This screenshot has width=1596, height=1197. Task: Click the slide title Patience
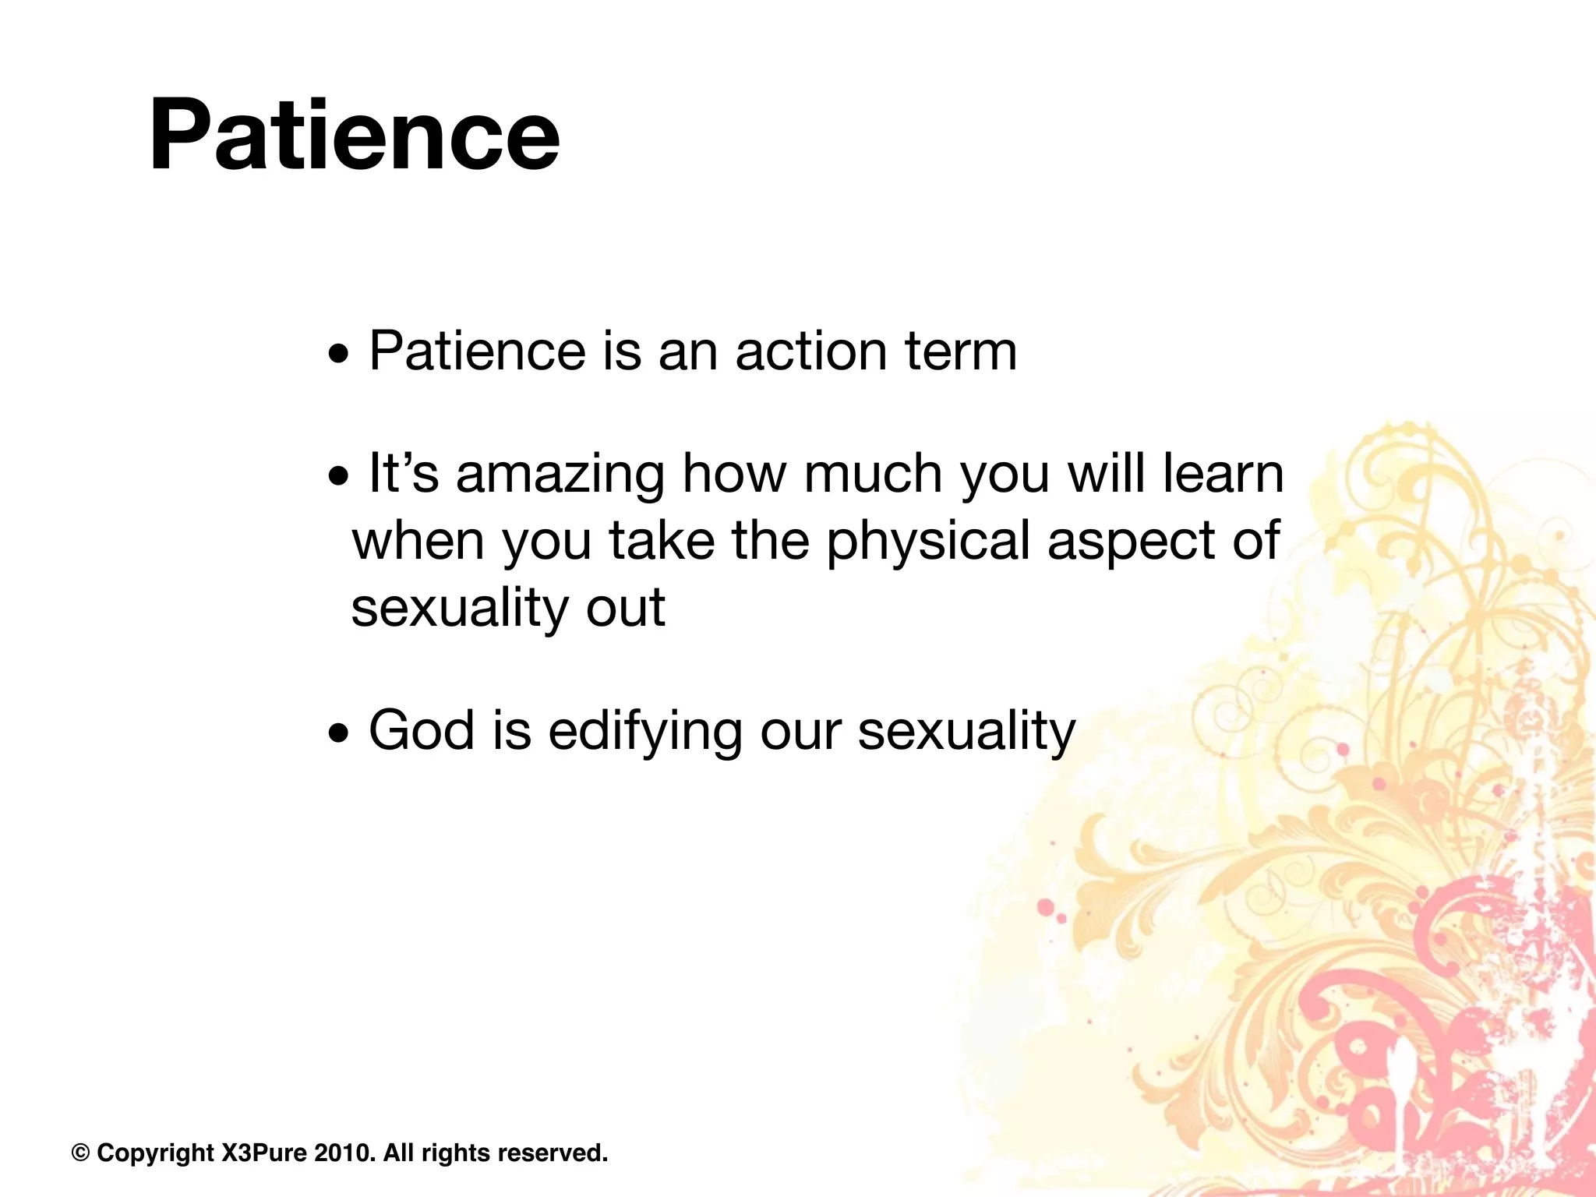point(355,134)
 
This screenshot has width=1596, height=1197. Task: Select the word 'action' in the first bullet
point(811,351)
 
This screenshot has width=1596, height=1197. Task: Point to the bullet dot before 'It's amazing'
point(338,477)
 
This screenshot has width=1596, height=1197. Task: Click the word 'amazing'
point(560,476)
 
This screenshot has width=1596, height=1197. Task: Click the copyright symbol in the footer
point(80,1153)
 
